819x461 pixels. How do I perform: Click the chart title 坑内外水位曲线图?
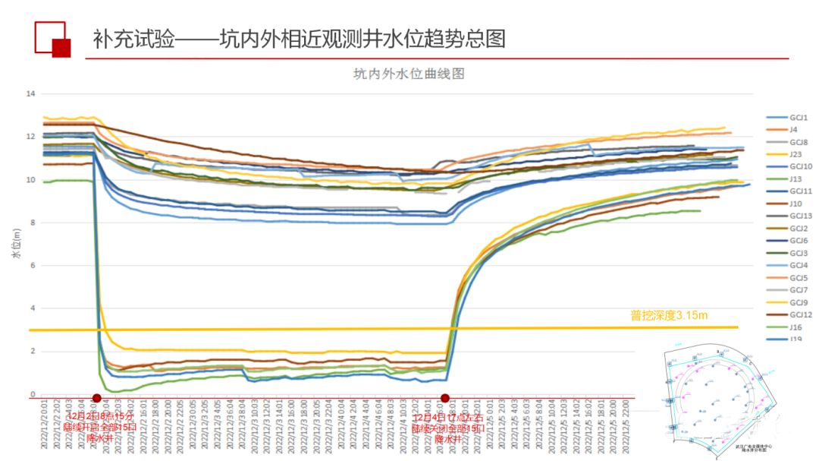[408, 74]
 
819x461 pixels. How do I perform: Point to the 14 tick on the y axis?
[31, 93]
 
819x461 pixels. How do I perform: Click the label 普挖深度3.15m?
[669, 315]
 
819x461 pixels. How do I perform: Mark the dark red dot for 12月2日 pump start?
[96, 398]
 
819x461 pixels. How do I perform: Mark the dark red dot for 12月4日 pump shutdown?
[445, 398]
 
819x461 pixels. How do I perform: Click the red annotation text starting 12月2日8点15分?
[100, 428]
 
